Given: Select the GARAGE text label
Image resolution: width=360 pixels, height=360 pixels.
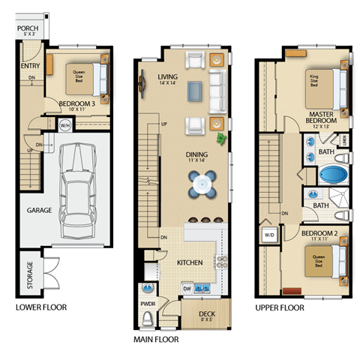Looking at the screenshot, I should (39, 211).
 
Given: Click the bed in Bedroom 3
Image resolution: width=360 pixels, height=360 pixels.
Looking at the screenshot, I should (83, 75).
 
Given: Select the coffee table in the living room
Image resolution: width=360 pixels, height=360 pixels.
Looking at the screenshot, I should (194, 90).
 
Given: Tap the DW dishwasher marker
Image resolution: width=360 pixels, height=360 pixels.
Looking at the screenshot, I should (187, 288).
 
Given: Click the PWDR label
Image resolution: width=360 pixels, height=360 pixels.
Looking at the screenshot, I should (148, 304).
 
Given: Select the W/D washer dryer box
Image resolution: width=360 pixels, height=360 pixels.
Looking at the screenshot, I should (268, 235).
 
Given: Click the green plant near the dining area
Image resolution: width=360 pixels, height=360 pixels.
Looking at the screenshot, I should (221, 139).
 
